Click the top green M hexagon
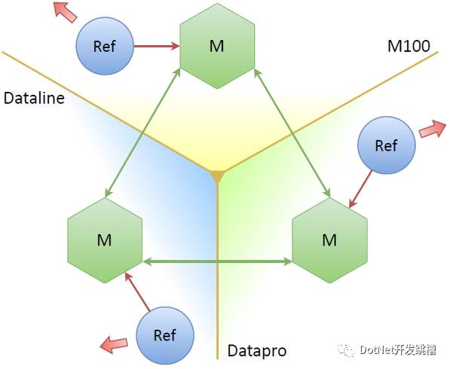(217, 46)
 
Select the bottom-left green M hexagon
(105, 240)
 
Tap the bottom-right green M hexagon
(329, 240)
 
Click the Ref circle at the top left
(105, 46)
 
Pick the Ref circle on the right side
(387, 145)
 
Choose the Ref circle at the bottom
(165, 335)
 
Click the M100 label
(409, 46)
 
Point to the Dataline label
(34, 98)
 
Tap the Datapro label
(257, 351)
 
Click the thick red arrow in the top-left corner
(65, 11)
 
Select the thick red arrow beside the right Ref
(433, 129)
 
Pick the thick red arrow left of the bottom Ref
(114, 344)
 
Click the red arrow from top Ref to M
(157, 46)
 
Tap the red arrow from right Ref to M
(360, 189)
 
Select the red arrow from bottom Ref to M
(137, 291)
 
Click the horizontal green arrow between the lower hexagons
(217, 261)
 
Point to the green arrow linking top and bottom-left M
(142, 133)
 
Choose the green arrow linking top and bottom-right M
(292, 133)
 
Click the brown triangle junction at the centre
(217, 176)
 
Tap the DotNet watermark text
(398, 349)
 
